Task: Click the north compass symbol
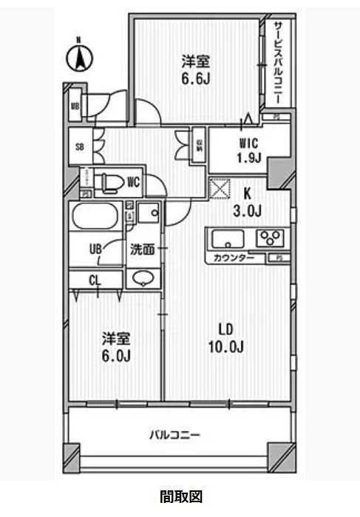tap(80, 57)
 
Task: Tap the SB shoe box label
tap(79, 146)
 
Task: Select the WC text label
tap(134, 180)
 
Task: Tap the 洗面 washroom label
tap(142, 249)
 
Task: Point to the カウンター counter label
tap(235, 258)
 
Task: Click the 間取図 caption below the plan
tap(180, 496)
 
